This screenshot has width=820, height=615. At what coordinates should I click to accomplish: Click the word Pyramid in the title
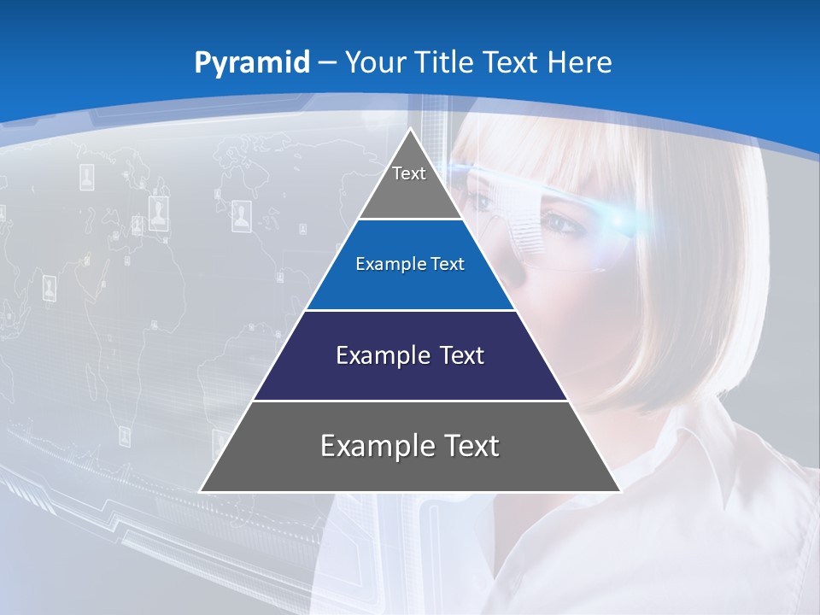click(252, 62)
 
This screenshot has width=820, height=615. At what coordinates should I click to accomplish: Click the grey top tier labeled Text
click(409, 184)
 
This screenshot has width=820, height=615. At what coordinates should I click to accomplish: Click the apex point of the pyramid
click(410, 129)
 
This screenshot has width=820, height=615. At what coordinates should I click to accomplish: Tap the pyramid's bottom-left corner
click(201, 491)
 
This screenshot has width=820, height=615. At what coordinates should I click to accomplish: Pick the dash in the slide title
click(327, 62)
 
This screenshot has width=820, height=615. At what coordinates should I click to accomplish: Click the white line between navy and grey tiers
click(410, 401)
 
